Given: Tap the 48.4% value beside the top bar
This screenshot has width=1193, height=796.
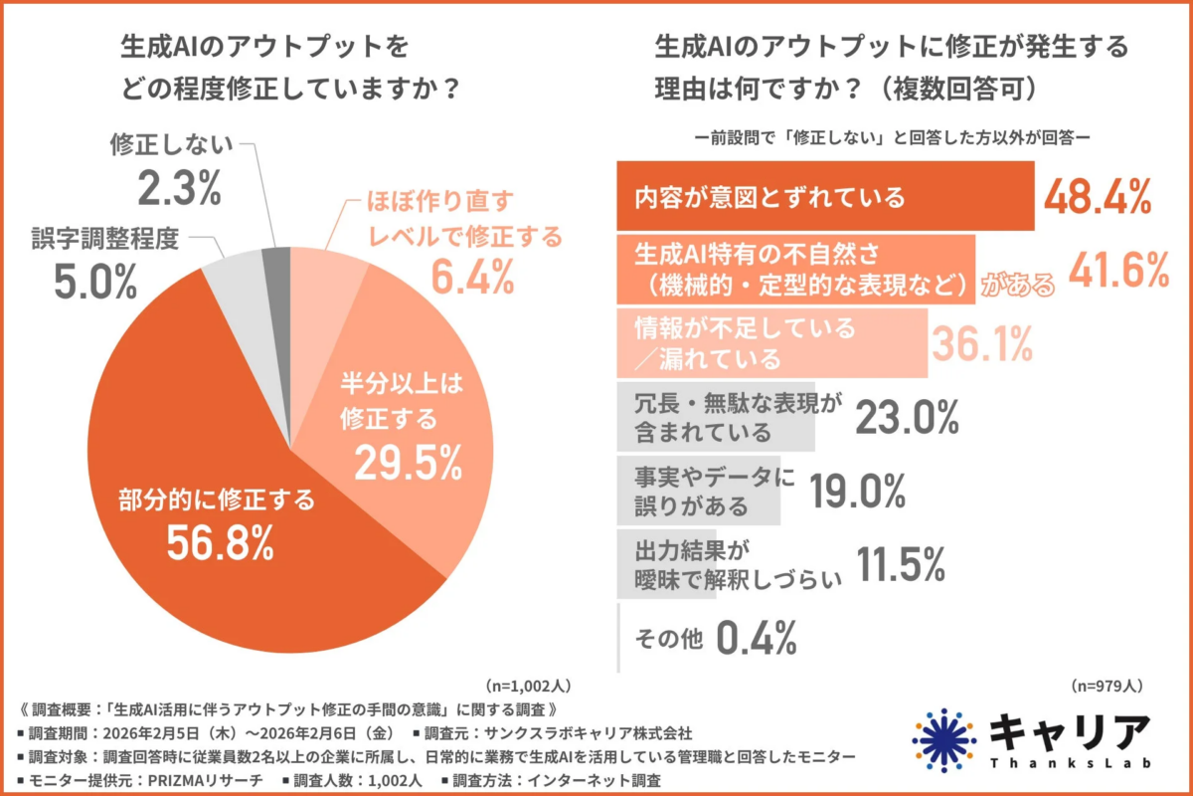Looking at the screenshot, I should pos(1097,197).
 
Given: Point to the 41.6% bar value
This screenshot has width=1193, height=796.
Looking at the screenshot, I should pos(1117,270).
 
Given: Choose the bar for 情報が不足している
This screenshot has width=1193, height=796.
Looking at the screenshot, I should pos(771,341).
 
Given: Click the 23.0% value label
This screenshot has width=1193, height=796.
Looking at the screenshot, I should pos(906,416).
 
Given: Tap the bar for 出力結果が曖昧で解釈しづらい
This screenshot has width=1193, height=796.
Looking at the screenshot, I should pos(716,563).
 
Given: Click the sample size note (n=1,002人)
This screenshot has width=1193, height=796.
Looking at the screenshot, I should pos(527,687).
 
